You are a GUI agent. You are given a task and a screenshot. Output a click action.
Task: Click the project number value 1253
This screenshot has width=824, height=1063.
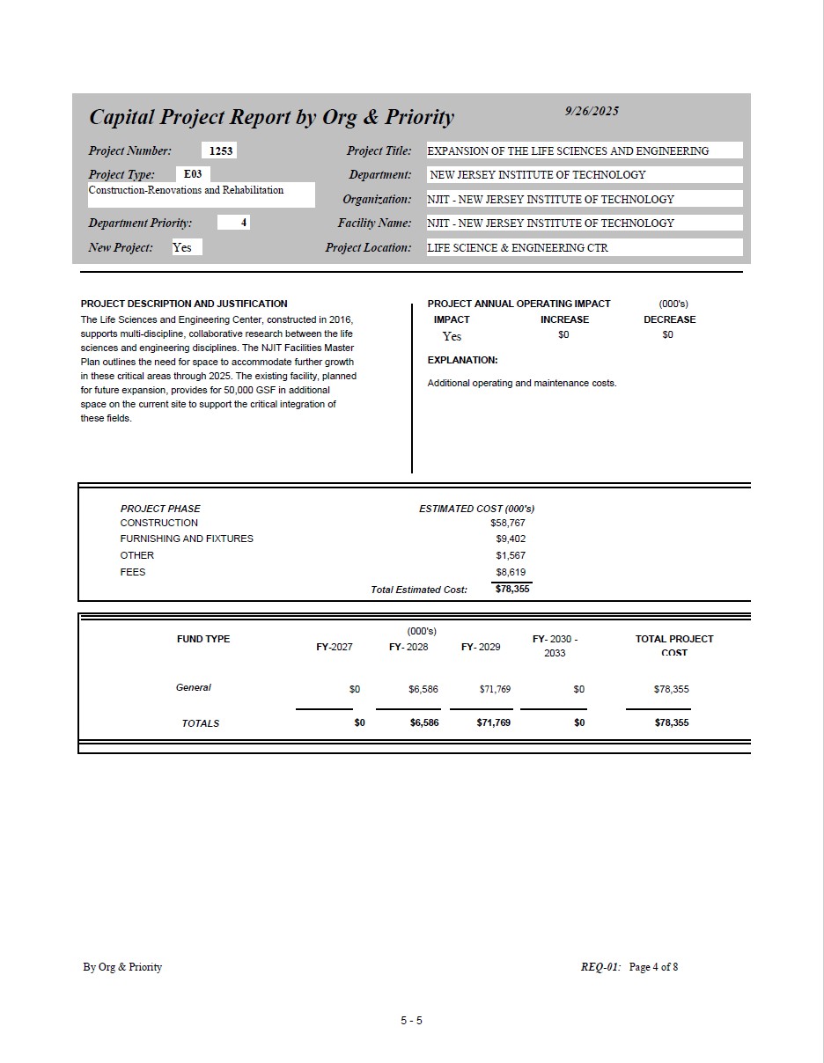click(x=221, y=150)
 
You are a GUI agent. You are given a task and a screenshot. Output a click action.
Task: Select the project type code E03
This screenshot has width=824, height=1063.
click(x=192, y=174)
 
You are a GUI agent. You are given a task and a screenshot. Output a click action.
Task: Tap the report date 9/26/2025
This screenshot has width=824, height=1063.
click(x=592, y=111)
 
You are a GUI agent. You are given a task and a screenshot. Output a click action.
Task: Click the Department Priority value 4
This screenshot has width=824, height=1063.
click(x=243, y=223)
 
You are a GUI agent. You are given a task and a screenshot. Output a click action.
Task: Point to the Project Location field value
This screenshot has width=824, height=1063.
click(x=518, y=248)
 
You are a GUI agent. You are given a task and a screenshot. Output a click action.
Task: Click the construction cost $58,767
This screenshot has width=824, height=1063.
click(x=507, y=523)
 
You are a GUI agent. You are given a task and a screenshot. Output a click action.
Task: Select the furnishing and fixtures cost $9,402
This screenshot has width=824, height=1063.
click(x=511, y=539)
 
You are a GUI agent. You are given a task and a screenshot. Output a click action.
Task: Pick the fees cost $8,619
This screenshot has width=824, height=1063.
click(x=511, y=572)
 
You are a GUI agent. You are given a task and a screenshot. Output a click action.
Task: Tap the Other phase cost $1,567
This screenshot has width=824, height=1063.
click(x=511, y=555)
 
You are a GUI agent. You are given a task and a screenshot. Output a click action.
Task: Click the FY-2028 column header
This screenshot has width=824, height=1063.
click(x=408, y=647)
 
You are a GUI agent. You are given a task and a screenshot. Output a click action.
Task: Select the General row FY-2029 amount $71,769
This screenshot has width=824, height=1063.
click(x=495, y=689)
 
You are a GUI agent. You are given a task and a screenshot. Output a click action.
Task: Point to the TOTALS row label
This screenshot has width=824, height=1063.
click(x=201, y=723)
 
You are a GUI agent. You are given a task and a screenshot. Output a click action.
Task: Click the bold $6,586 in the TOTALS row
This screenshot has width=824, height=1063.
click(x=424, y=722)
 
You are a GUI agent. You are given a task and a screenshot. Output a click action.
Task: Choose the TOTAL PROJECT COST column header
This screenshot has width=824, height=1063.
click(x=674, y=645)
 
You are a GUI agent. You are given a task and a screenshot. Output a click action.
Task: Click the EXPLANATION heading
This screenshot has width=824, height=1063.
click(x=462, y=360)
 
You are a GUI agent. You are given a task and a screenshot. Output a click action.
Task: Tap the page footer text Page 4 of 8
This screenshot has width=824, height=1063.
click(x=653, y=967)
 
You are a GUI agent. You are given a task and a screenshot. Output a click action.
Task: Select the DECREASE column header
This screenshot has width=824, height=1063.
click(x=669, y=319)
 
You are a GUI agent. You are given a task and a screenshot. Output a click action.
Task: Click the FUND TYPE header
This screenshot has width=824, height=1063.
click(x=203, y=639)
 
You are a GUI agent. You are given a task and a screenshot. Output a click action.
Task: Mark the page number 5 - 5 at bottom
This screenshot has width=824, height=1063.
click(x=411, y=1021)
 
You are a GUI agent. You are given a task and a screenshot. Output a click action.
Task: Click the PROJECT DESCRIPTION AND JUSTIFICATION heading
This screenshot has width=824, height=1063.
click(x=184, y=304)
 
